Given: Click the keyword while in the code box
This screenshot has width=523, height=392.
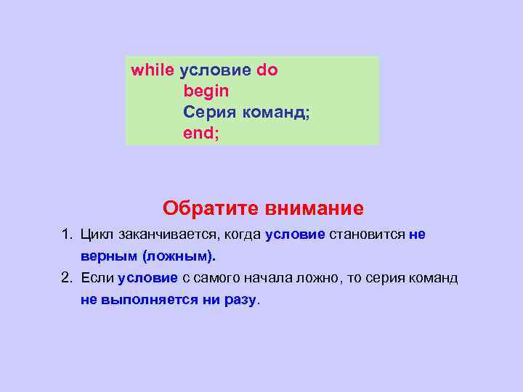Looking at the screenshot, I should [x=152, y=70].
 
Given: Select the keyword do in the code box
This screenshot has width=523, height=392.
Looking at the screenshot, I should [x=267, y=70].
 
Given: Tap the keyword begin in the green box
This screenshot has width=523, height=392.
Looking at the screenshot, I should [x=206, y=91].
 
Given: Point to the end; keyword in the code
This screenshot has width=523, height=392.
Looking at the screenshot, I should [x=199, y=134].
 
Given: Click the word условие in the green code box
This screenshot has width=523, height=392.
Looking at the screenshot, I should [x=215, y=70].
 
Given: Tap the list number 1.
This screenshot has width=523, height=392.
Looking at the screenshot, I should [x=66, y=234].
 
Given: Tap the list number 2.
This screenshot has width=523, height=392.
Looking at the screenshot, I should [x=66, y=278].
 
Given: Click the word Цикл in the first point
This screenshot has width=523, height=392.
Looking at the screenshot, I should [x=96, y=234].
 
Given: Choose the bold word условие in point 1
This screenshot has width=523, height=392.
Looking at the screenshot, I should [x=296, y=234].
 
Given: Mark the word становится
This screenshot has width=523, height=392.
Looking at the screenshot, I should [x=368, y=234].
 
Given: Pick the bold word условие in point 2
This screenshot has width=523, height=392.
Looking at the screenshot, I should [x=147, y=278].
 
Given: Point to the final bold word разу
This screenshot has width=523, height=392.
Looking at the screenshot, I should [x=240, y=300].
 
